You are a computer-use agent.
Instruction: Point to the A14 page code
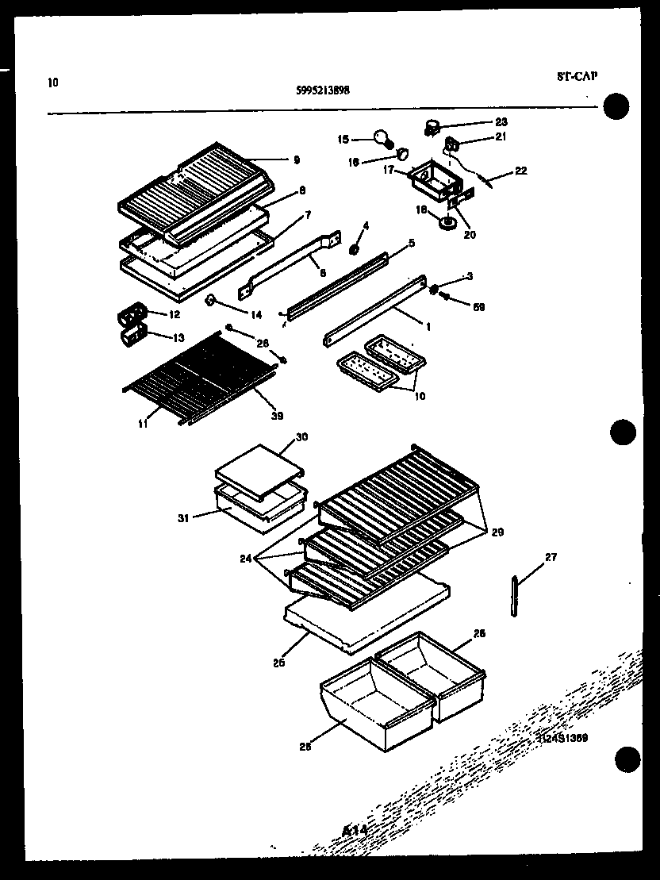click(355, 830)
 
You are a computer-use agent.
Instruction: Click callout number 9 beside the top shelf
click(296, 159)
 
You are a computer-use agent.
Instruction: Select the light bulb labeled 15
click(384, 138)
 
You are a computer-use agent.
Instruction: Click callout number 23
click(501, 122)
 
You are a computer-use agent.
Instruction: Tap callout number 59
click(478, 307)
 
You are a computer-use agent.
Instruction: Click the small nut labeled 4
click(354, 250)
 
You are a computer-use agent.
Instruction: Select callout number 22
click(520, 170)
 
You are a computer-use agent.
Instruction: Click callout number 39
click(277, 416)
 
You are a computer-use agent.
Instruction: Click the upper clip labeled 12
click(132, 317)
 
